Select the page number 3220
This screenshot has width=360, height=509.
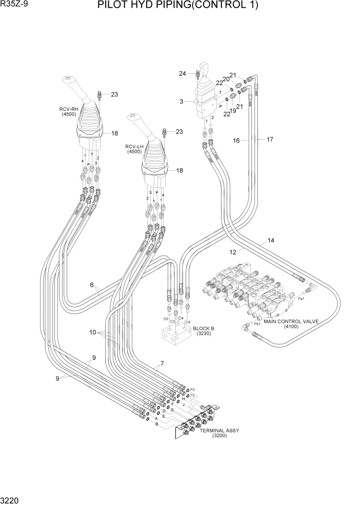click(10, 500)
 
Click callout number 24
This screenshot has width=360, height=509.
click(182, 73)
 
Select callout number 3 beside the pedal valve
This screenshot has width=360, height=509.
click(181, 102)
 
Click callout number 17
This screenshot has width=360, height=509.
click(270, 139)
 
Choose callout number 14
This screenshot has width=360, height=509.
click(271, 240)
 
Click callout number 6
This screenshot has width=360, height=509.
click(92, 285)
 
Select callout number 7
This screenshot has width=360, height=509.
click(162, 364)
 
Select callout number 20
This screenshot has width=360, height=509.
click(226, 79)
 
